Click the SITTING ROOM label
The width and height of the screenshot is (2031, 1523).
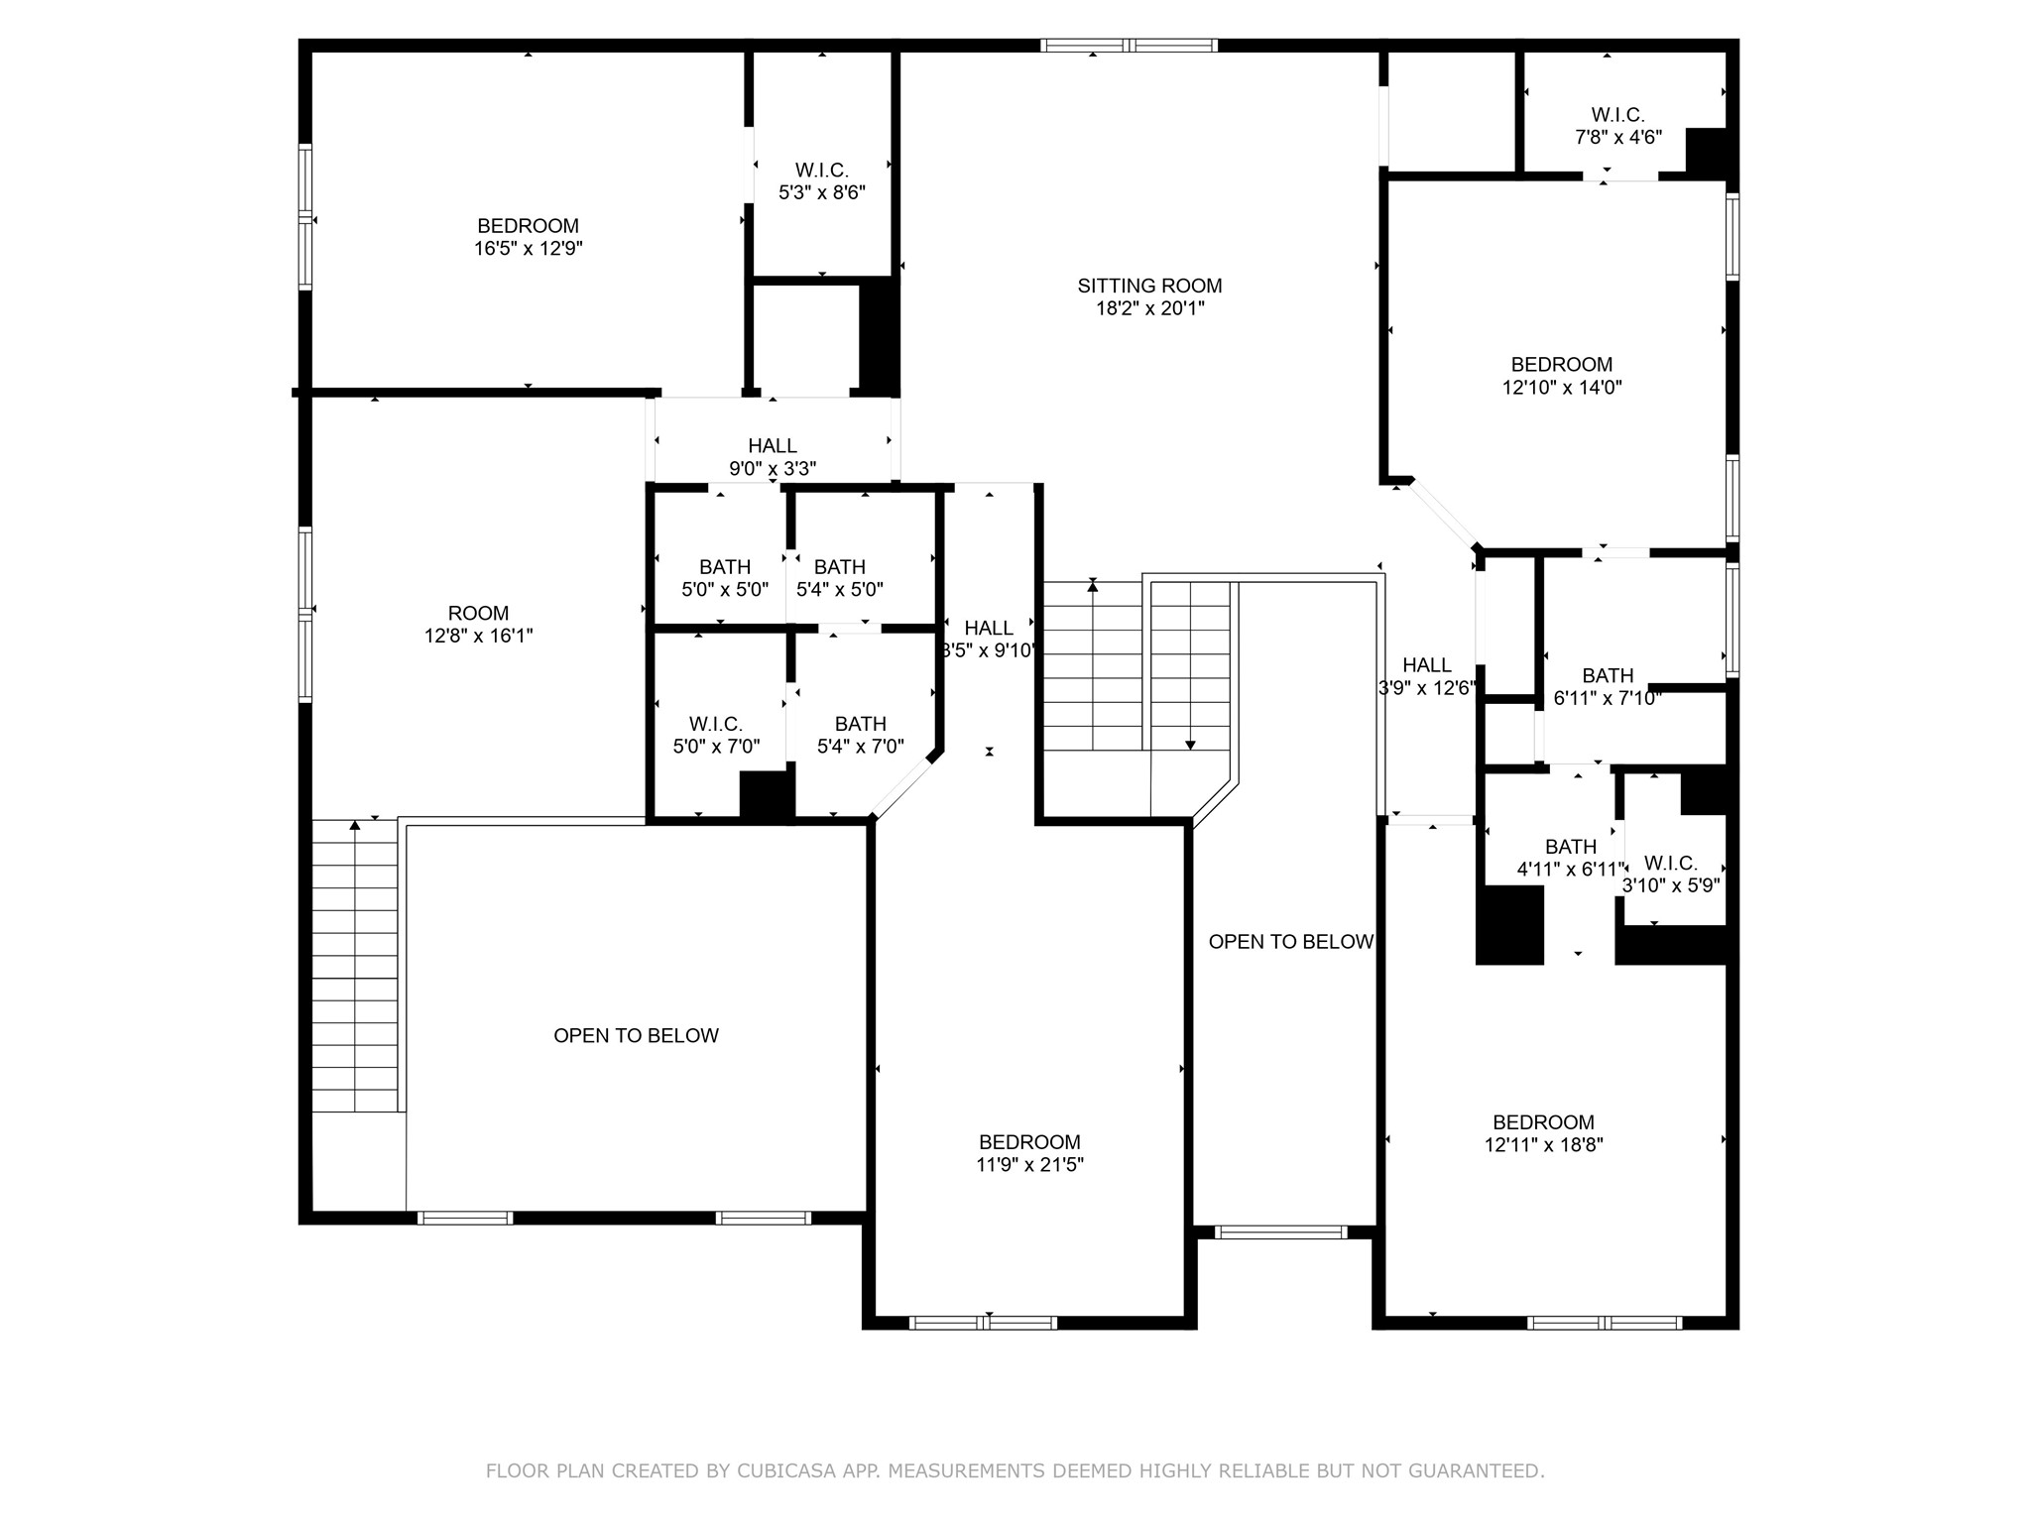point(1149,286)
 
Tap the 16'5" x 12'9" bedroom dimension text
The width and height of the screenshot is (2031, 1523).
point(528,249)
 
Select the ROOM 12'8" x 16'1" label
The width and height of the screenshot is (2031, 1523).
point(478,625)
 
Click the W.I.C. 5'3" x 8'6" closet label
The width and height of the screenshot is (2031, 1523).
point(821,181)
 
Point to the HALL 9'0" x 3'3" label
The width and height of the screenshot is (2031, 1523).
point(772,457)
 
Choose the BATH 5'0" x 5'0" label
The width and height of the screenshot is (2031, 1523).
point(724,578)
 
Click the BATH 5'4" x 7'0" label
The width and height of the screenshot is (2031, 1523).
point(860,735)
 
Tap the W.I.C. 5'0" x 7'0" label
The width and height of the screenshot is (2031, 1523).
point(715,735)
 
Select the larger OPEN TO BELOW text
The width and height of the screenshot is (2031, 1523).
point(636,1035)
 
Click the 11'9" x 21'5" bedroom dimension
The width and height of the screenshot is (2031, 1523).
point(1029,1165)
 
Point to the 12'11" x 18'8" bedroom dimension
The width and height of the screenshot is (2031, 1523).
point(1543,1145)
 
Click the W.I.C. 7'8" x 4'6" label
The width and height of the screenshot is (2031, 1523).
point(1617,126)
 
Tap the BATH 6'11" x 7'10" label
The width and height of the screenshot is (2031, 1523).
point(1607,687)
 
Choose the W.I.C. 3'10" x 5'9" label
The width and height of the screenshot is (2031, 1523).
point(1670,875)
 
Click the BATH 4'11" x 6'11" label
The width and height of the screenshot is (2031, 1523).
point(1571,859)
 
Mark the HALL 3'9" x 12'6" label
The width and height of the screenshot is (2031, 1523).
point(1426,676)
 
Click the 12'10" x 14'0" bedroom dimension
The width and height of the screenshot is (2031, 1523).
point(1561,388)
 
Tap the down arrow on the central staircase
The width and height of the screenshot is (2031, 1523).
point(1190,744)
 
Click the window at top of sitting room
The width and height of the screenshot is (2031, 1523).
point(1129,45)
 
